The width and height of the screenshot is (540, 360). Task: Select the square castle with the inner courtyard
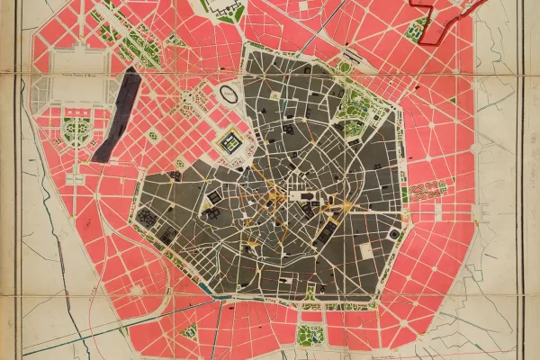(231, 141)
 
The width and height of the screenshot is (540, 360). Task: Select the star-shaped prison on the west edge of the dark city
(145, 217)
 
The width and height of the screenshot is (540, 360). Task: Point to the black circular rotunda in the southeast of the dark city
(394, 235)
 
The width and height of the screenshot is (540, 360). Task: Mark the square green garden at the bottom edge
(310, 335)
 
